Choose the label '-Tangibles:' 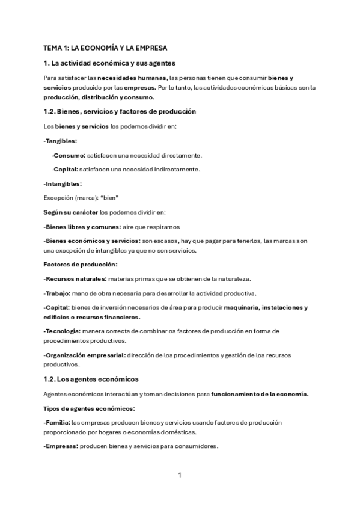click(x=60, y=140)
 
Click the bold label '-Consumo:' click(x=69, y=155)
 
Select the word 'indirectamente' click(x=174, y=169)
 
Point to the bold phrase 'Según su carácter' click(x=71, y=212)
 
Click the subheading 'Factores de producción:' click(x=81, y=265)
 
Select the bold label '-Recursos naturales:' click(x=75, y=279)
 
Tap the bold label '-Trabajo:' click(x=57, y=293)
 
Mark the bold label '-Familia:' click(x=57, y=423)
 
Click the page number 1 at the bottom click(x=180, y=475)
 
